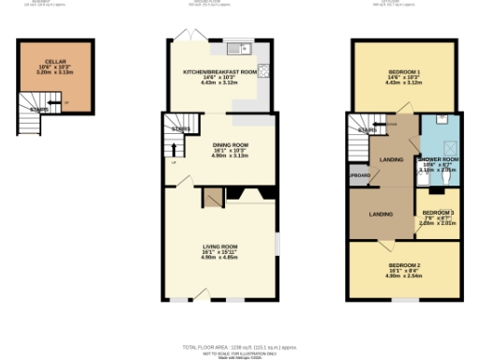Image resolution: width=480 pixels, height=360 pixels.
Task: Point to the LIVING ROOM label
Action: click(x=221, y=247)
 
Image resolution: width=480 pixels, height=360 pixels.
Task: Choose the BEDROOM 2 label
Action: click(x=404, y=265)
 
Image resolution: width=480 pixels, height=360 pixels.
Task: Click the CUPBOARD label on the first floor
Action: click(x=360, y=175)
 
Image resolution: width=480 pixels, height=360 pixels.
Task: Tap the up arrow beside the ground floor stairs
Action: click(x=172, y=149)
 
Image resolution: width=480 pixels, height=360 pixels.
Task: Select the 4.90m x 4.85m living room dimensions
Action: click(x=221, y=257)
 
